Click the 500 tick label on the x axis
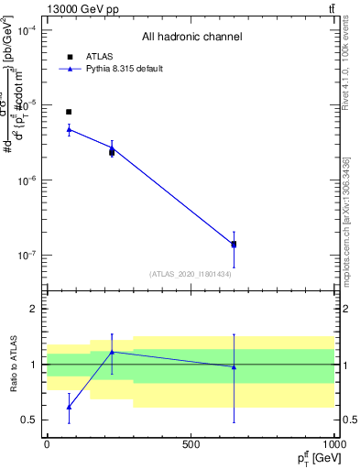coord(191,443)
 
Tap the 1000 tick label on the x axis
coord(333,443)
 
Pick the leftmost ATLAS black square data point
coord(69,112)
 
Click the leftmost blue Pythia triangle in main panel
coord(69,129)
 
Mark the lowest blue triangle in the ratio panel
coord(69,407)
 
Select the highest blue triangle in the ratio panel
coord(112,352)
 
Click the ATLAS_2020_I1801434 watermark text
coord(191,274)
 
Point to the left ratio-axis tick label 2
coord(33,309)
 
